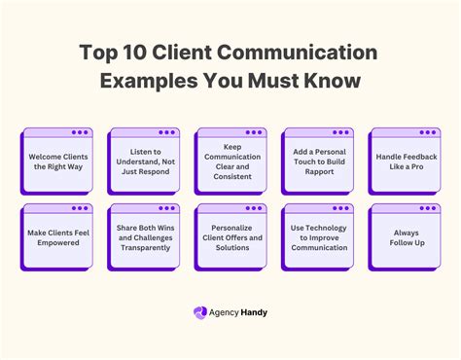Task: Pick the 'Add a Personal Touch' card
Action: click(x=318, y=162)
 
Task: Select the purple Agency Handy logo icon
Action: click(x=200, y=313)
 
